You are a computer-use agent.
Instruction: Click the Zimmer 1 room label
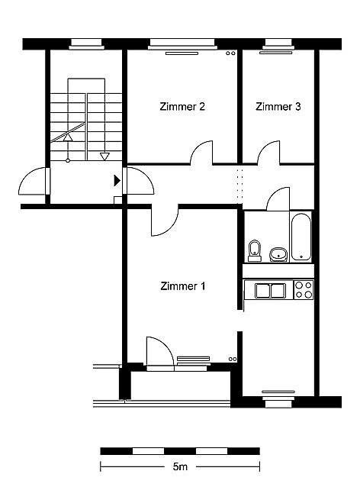(183, 286)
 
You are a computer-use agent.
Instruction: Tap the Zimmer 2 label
(182, 107)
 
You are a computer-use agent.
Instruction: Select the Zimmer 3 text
(278, 107)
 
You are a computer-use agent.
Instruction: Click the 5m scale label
(180, 466)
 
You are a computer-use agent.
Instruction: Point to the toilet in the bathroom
(255, 250)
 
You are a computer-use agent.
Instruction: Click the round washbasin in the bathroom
(278, 255)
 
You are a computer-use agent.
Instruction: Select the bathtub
(301, 237)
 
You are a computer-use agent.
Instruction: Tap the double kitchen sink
(270, 291)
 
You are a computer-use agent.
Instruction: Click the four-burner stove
(304, 290)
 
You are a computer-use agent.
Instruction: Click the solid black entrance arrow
(117, 180)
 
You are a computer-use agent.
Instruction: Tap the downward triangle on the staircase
(104, 156)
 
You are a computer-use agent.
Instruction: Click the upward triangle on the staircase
(68, 137)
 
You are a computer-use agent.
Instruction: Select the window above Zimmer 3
(278, 44)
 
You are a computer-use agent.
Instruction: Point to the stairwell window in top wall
(86, 44)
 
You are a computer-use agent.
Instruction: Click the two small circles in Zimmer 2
(230, 53)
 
